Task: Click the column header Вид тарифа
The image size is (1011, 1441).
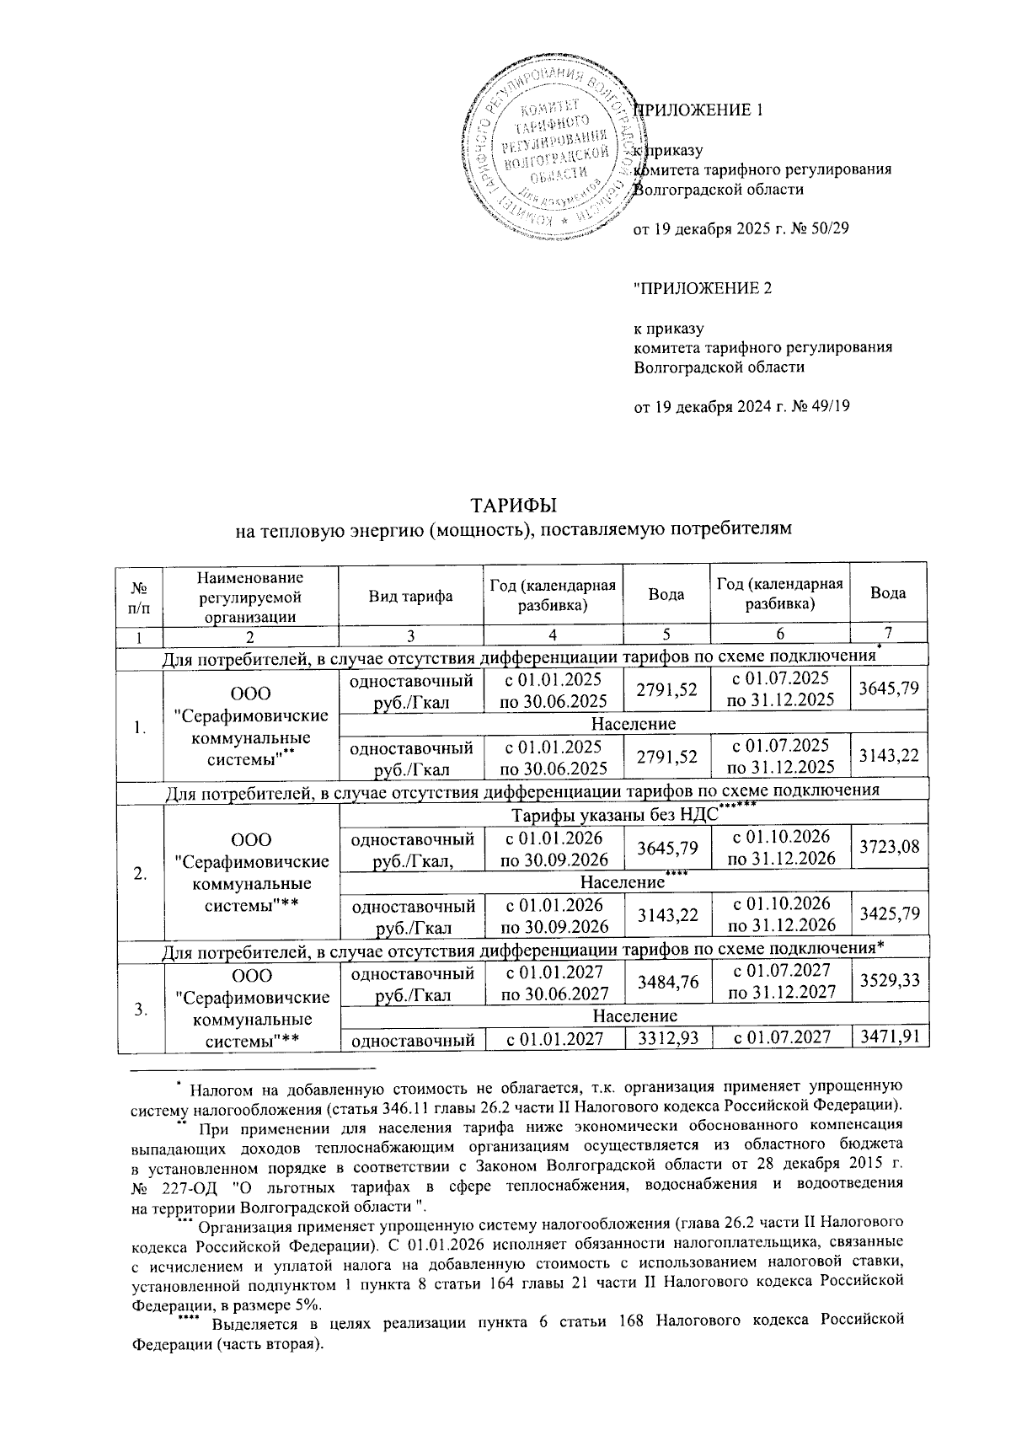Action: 410,595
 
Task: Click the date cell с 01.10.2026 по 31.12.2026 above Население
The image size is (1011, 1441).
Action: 780,847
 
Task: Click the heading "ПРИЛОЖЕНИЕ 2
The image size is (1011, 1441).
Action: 702,288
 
